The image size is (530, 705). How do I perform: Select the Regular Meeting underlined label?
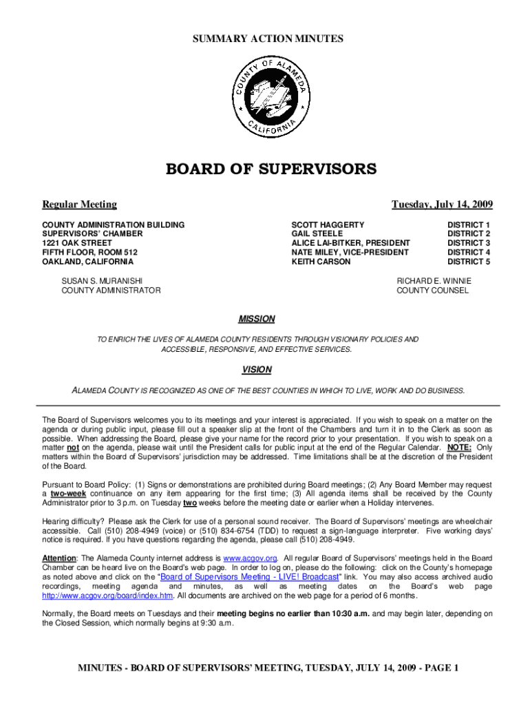pos(80,204)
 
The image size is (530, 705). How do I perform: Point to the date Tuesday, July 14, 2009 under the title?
pos(442,204)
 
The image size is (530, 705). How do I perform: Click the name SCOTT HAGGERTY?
pos(328,225)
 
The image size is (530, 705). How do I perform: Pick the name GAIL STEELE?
pos(317,234)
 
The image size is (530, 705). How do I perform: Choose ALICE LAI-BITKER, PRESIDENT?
pos(350,243)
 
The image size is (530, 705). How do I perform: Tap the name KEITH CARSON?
pos(321,262)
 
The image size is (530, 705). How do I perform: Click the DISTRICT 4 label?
pos(469,253)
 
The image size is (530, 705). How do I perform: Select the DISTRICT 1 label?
pos(469,225)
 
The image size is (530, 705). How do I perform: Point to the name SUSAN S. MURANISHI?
pos(103,281)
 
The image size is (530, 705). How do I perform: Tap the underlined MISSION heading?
pos(257,319)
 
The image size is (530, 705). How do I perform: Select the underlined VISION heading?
pos(257,370)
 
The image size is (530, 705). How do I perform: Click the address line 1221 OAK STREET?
pos(77,243)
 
